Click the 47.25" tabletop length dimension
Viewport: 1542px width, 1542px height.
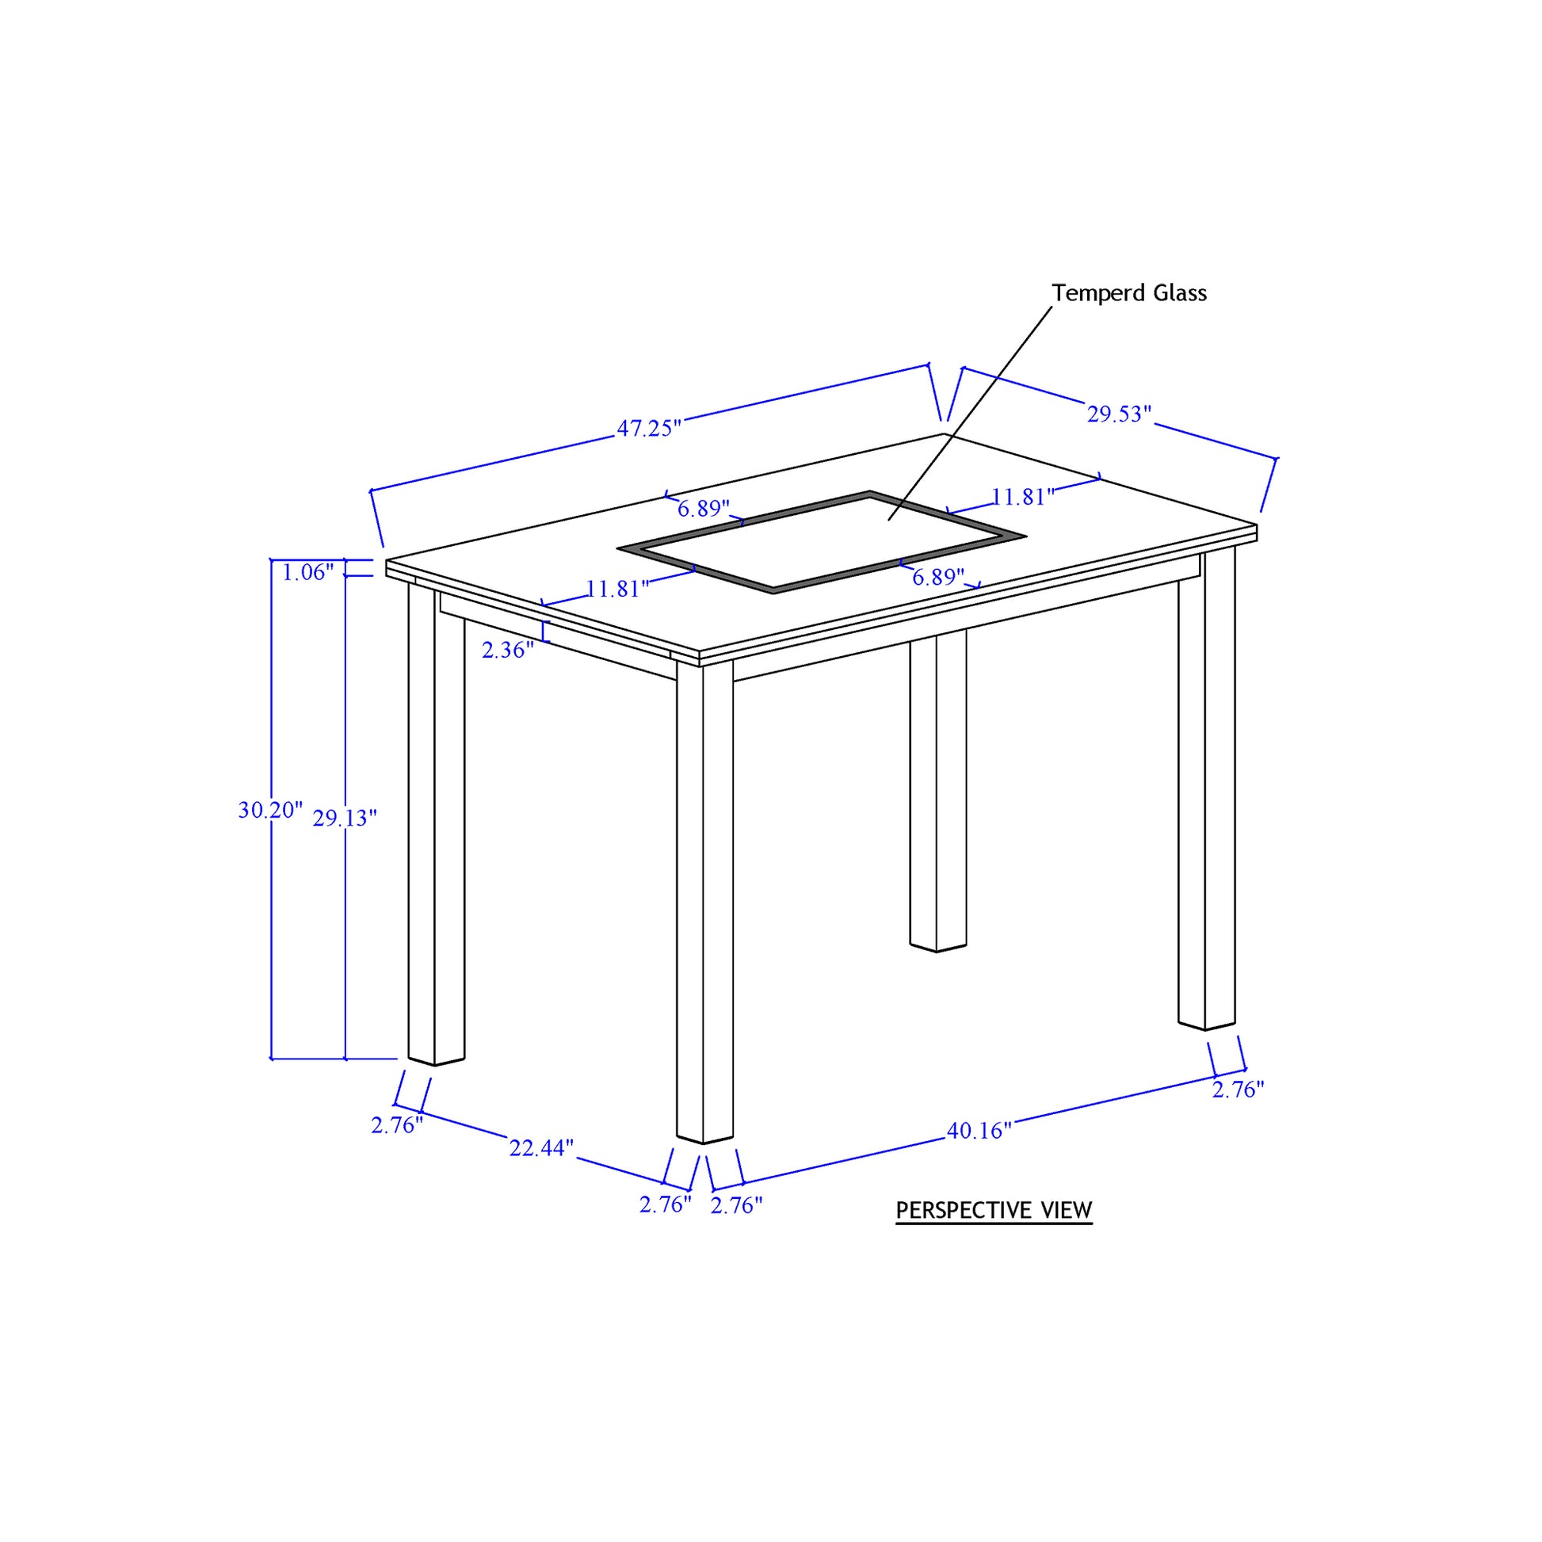[x=649, y=428]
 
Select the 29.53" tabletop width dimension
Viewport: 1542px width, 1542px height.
[x=1119, y=414]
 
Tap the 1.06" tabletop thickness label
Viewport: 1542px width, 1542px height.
[x=307, y=571]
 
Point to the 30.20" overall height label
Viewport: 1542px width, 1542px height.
[x=270, y=809]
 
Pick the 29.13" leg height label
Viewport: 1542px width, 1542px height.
[x=344, y=817]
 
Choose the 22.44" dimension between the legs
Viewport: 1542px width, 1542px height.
[x=541, y=1147]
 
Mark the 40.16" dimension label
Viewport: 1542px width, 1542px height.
[x=979, y=1130]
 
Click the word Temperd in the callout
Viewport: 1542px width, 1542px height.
[x=1087, y=293]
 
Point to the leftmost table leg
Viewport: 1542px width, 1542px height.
[x=436, y=822]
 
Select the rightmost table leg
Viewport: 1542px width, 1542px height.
[x=1206, y=788]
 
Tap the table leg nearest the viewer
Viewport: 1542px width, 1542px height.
[x=704, y=902]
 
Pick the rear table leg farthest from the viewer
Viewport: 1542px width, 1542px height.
[x=938, y=790]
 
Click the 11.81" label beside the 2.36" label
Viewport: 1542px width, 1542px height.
[x=618, y=588]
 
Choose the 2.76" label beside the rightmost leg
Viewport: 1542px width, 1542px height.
[x=1238, y=1089]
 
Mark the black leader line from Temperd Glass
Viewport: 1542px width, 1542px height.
[x=970, y=413]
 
